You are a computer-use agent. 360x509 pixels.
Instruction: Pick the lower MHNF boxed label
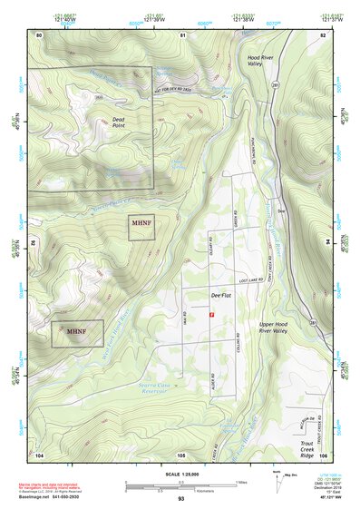coord(75,332)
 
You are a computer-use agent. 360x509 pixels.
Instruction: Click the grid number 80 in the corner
coord(39,34)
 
